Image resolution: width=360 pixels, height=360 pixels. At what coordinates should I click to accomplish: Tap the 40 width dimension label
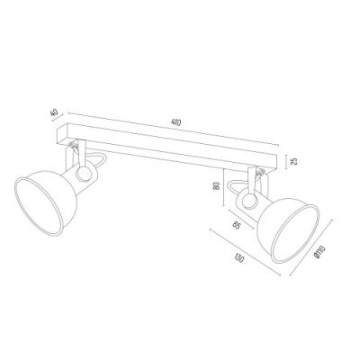click(55, 115)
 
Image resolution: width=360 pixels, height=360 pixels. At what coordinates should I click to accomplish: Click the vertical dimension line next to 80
click(225, 189)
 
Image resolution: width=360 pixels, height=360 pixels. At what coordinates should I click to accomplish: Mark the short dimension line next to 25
click(283, 162)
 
